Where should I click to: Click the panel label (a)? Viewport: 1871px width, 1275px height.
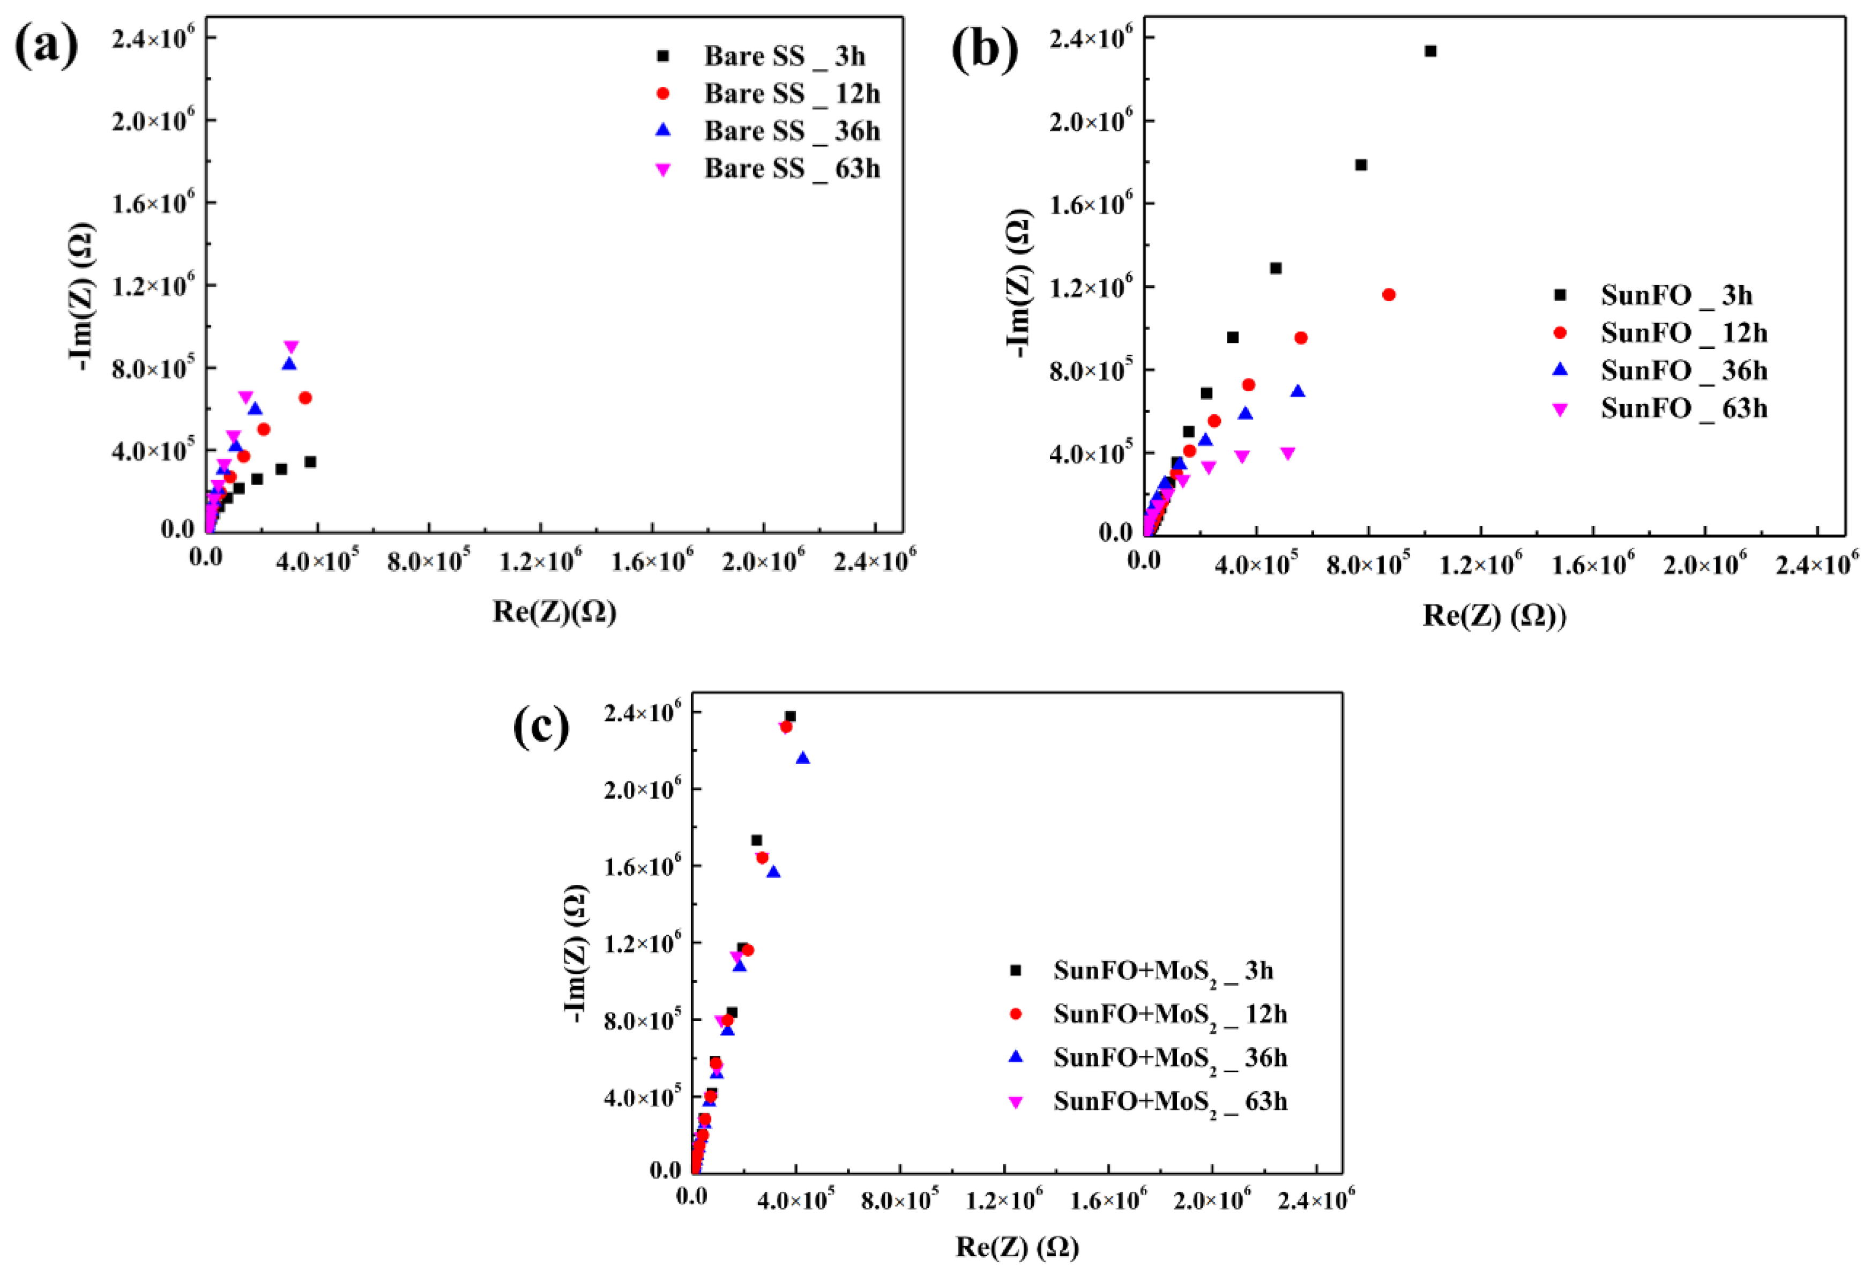[x=47, y=46]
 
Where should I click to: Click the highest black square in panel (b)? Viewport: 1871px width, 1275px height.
[x=1430, y=51]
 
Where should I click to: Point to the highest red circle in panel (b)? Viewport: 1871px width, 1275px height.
[x=1389, y=295]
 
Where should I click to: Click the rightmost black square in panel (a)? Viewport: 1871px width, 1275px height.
[x=310, y=462]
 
